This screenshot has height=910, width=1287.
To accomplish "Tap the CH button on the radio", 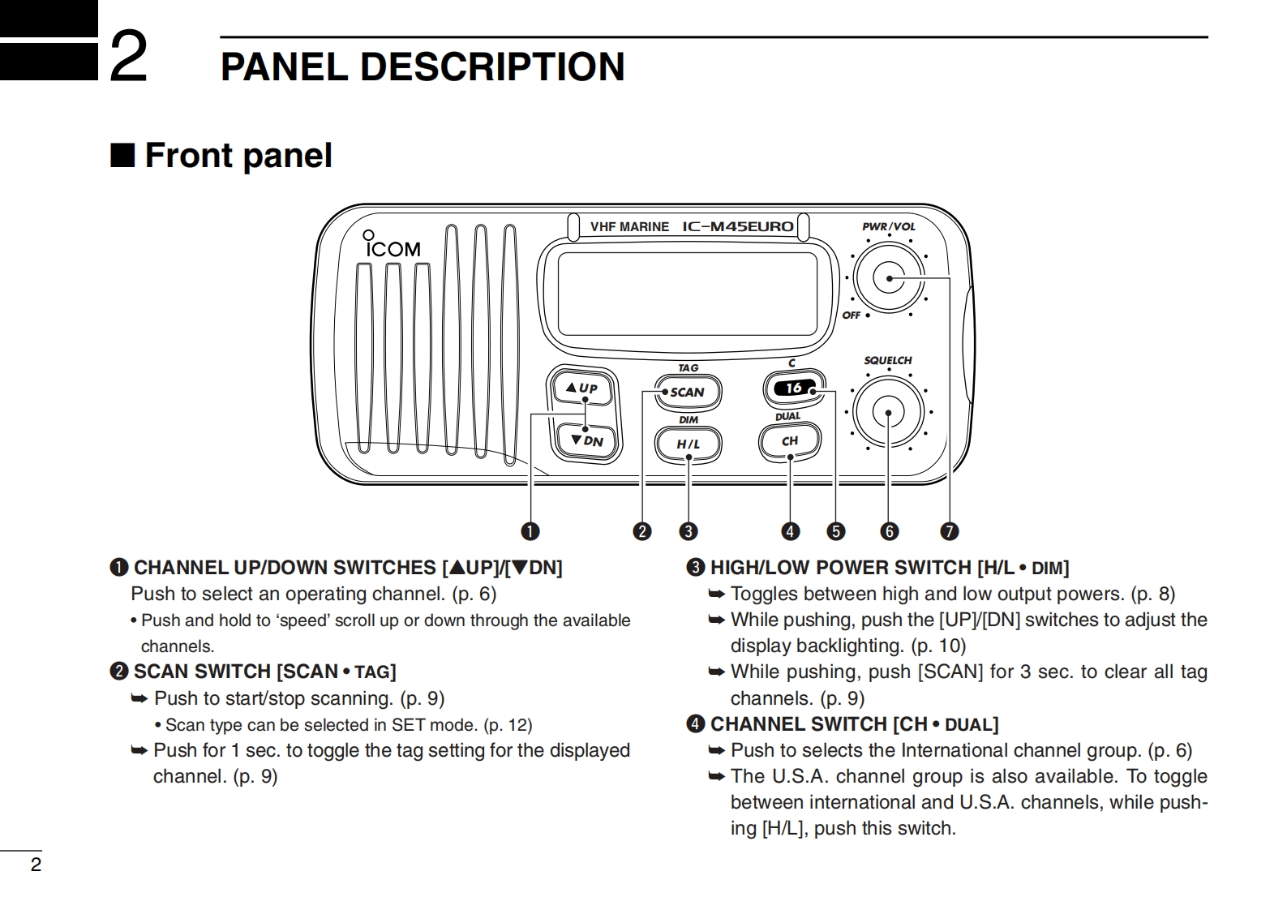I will tap(789, 441).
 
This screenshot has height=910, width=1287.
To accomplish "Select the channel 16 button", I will tap(794, 388).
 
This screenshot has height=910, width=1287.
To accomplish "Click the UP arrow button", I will tap(583, 388).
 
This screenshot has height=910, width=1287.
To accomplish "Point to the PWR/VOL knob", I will tap(889, 278).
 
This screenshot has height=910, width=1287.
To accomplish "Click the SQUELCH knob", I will tap(889, 413).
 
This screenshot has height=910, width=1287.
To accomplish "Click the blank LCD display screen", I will tap(687, 293).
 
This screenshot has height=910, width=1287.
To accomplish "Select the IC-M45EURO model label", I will tap(737, 226).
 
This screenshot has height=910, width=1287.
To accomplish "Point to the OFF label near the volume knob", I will tap(851, 315).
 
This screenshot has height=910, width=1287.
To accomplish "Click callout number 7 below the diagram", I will tap(949, 531).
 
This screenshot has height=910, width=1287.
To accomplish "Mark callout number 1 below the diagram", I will tap(530, 531).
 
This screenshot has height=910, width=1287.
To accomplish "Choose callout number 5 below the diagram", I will tap(835, 531).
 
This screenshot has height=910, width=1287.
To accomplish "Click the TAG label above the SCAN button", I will tap(688, 368).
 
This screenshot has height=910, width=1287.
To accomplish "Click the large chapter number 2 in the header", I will tap(128, 55).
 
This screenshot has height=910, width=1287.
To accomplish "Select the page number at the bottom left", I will tap(36, 865).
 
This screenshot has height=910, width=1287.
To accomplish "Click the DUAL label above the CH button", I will tap(787, 417).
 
